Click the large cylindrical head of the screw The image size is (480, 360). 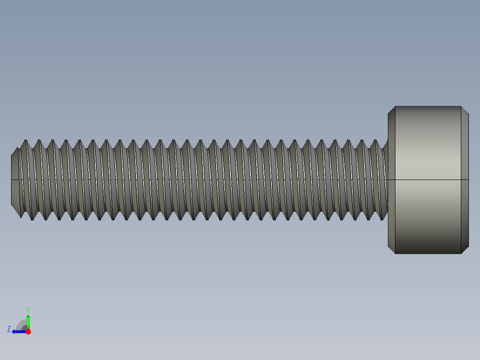[427, 180]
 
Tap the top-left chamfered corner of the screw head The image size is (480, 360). [391, 110]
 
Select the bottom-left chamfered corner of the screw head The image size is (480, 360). [391, 250]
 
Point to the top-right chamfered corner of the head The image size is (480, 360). [465, 110]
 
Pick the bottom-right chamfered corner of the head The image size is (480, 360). [465, 250]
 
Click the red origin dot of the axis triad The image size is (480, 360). [28, 331]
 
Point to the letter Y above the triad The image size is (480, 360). [28, 309]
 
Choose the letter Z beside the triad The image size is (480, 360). [9, 329]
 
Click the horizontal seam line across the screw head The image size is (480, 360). [427, 180]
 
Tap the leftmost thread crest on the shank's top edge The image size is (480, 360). [25, 140]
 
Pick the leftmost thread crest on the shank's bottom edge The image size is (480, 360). [20, 217]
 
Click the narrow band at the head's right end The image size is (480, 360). [464, 180]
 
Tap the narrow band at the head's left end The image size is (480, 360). [391, 180]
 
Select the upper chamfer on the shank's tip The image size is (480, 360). [15, 151]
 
